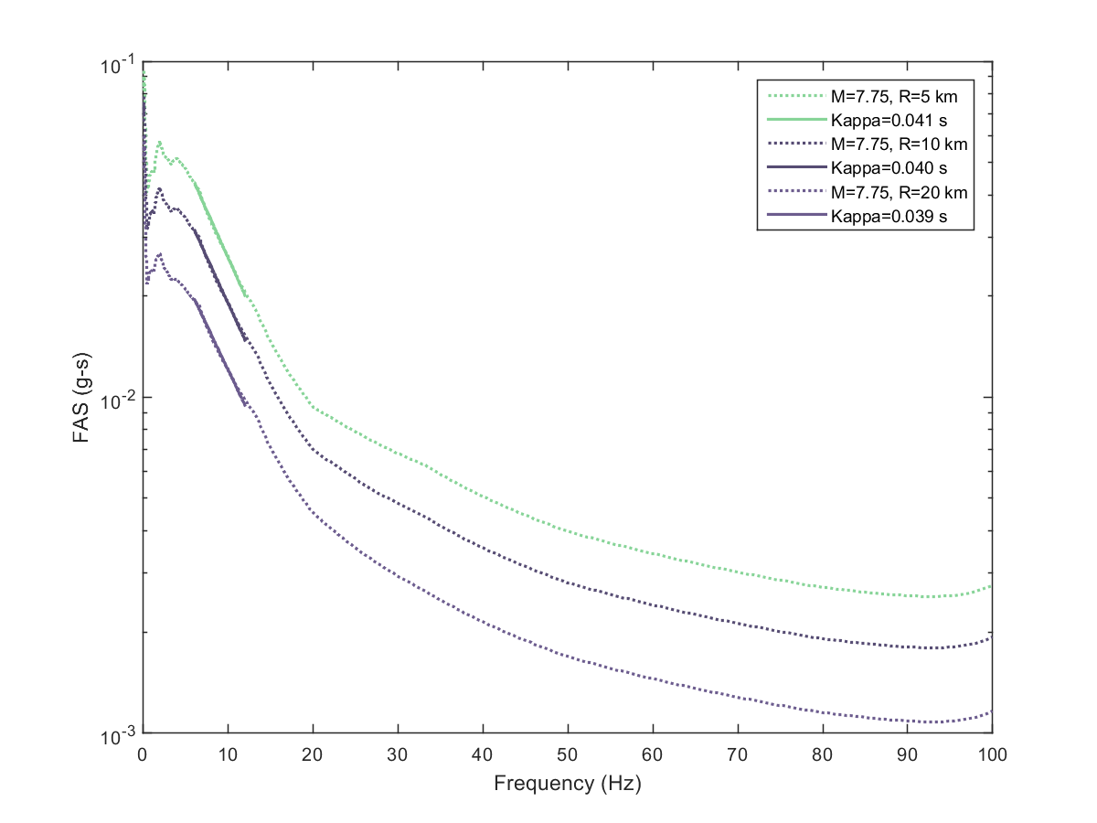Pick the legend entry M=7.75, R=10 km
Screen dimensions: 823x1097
(x=900, y=144)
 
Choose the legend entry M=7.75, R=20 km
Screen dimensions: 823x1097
(x=900, y=193)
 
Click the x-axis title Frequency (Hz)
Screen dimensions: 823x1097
(x=567, y=783)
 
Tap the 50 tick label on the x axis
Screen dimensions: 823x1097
(x=567, y=755)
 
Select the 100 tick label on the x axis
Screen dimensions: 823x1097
(x=992, y=755)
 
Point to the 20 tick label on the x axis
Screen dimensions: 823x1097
(x=312, y=755)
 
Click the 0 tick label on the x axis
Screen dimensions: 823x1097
(x=142, y=755)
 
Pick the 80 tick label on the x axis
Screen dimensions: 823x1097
(x=822, y=755)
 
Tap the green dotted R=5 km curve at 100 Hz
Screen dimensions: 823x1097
(x=991, y=586)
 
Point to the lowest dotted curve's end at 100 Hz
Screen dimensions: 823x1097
(x=991, y=711)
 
